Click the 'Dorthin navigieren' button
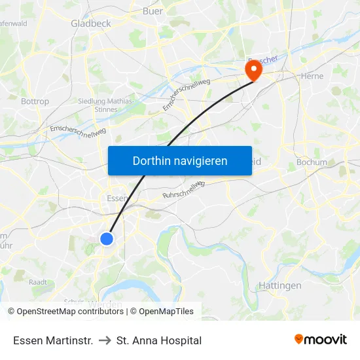click(x=180, y=160)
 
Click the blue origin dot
click(x=107, y=239)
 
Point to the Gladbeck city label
click(x=90, y=24)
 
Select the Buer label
click(x=153, y=11)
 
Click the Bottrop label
click(x=35, y=101)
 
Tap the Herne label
click(x=312, y=76)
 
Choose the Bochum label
click(x=312, y=162)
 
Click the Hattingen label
click(x=279, y=285)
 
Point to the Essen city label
click(x=117, y=198)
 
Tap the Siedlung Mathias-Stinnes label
click(x=105, y=105)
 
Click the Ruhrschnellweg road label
click(x=184, y=189)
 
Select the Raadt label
click(x=37, y=281)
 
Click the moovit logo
click(x=320, y=340)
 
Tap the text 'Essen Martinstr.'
click(x=53, y=340)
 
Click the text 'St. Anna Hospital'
click(x=158, y=340)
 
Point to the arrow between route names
click(x=105, y=340)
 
